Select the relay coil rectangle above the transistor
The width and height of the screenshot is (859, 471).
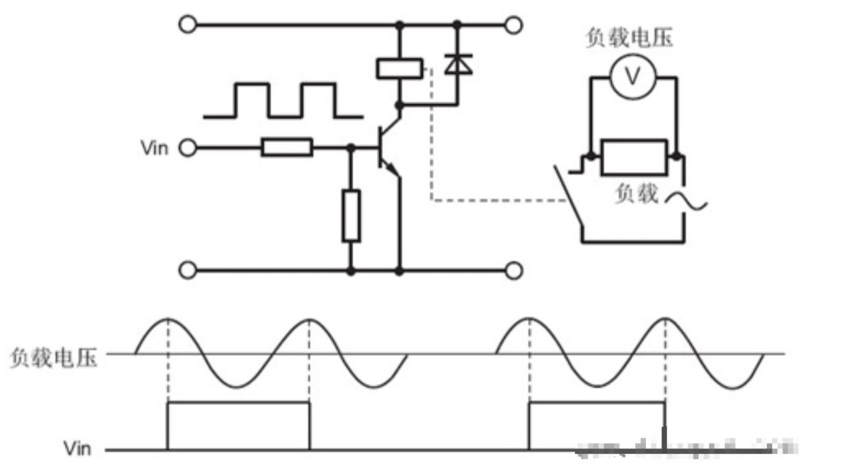pos(399,69)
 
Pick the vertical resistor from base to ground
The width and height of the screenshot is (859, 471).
pos(351,215)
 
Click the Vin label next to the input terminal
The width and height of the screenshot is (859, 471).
pos(155,148)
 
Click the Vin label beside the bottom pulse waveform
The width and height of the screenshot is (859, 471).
pos(77,449)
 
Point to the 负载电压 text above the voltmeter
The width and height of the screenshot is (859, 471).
pos(629,38)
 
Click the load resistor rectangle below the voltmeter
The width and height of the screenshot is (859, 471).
pos(635,157)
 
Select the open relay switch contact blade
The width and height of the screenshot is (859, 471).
pos(568,197)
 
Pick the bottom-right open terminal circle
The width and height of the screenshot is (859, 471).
pos(514,270)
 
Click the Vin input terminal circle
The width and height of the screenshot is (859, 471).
pos(188,148)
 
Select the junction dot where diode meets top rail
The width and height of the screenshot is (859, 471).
pos(457,25)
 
